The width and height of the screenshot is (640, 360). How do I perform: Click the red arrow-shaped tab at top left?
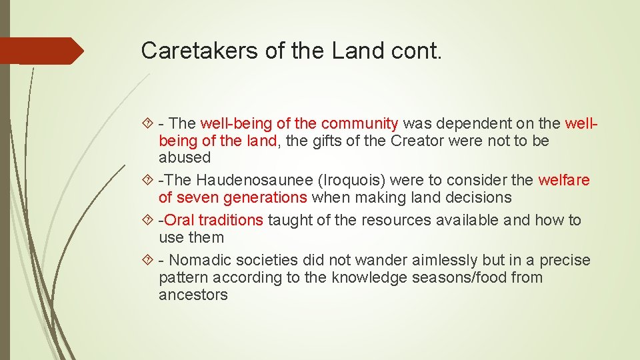click(x=40, y=51)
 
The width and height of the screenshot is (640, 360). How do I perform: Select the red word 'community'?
click(x=359, y=124)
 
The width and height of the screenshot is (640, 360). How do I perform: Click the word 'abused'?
click(x=184, y=158)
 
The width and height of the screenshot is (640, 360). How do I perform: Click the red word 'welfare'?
click(x=564, y=180)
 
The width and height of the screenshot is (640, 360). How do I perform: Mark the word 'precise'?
click(x=565, y=260)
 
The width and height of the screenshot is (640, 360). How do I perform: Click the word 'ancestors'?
click(x=193, y=295)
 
